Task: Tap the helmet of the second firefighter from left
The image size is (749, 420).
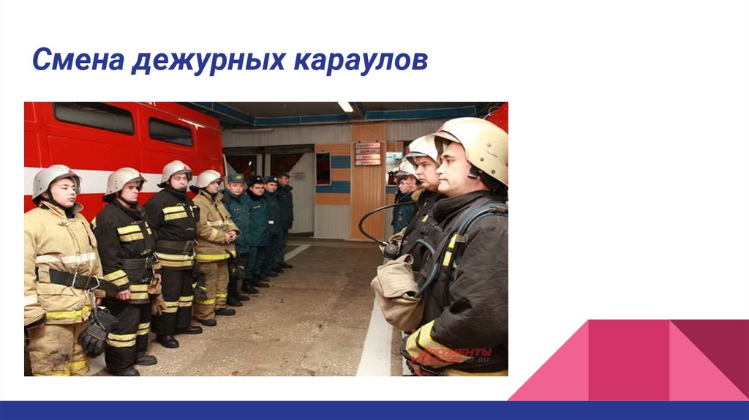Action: tap(123, 179)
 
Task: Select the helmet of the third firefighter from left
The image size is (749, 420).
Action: tap(176, 170)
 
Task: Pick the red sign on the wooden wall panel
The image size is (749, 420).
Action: tap(367, 154)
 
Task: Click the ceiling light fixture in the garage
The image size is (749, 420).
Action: tap(345, 107)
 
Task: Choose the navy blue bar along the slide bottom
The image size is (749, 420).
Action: tap(374, 410)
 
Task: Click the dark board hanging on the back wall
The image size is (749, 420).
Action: tap(323, 168)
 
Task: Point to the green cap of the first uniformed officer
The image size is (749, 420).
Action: tap(235, 178)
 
